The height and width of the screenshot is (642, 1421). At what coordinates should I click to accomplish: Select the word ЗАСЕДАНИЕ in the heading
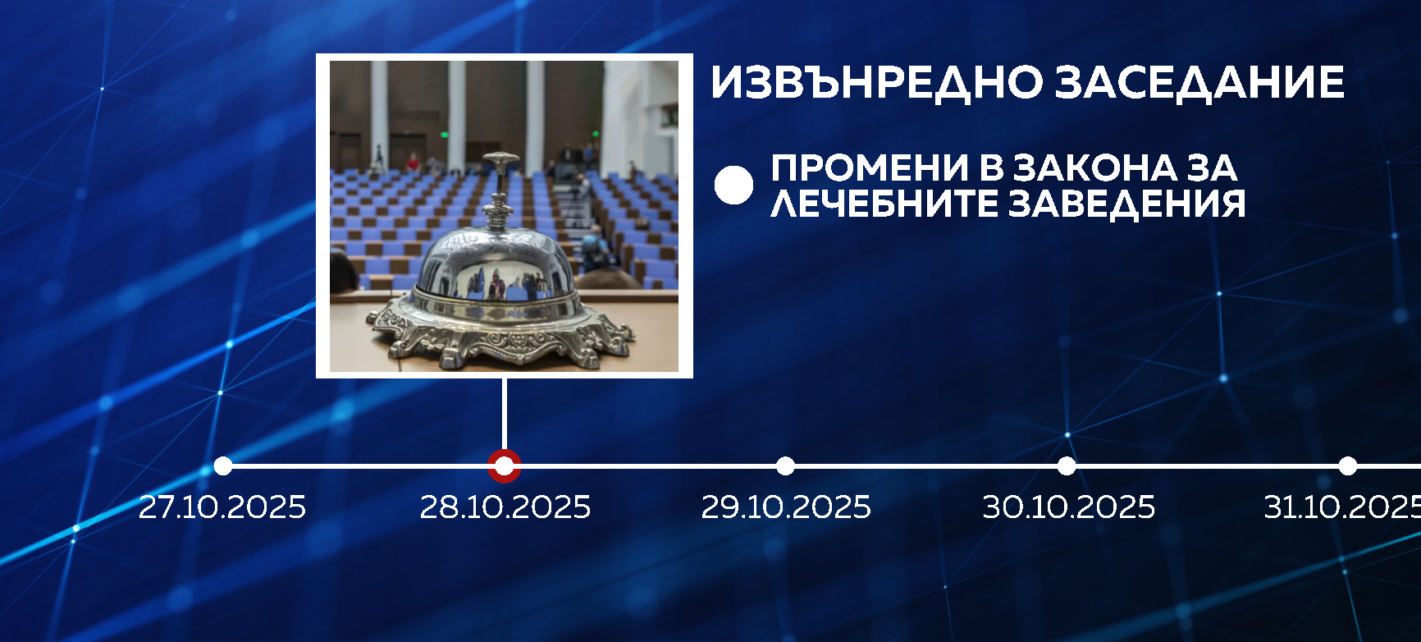[x=1199, y=82]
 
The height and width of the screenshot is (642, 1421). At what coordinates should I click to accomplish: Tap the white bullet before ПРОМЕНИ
[x=733, y=185]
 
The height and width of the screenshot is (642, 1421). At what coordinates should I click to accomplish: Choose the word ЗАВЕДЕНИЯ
[x=1127, y=203]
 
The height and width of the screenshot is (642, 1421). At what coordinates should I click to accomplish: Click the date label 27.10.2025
[x=222, y=507]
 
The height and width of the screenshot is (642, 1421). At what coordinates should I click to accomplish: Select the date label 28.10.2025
[x=505, y=507]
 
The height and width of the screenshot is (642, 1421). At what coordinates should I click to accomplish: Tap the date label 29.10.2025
[x=786, y=507]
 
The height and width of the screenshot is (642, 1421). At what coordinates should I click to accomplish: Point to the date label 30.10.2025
[x=1068, y=507]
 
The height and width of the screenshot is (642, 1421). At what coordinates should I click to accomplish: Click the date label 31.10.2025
[x=1343, y=507]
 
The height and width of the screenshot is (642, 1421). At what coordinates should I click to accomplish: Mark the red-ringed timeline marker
[x=504, y=466]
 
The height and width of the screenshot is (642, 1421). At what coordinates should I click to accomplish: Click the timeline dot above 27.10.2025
[x=223, y=466]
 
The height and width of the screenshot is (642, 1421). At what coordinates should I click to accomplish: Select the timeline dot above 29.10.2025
[x=785, y=466]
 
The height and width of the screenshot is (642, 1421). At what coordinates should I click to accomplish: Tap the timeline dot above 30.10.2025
[x=1067, y=466]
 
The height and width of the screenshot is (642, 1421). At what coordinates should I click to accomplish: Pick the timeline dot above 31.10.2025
[x=1348, y=466]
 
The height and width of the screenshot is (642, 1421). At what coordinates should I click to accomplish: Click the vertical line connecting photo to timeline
[x=504, y=415]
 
